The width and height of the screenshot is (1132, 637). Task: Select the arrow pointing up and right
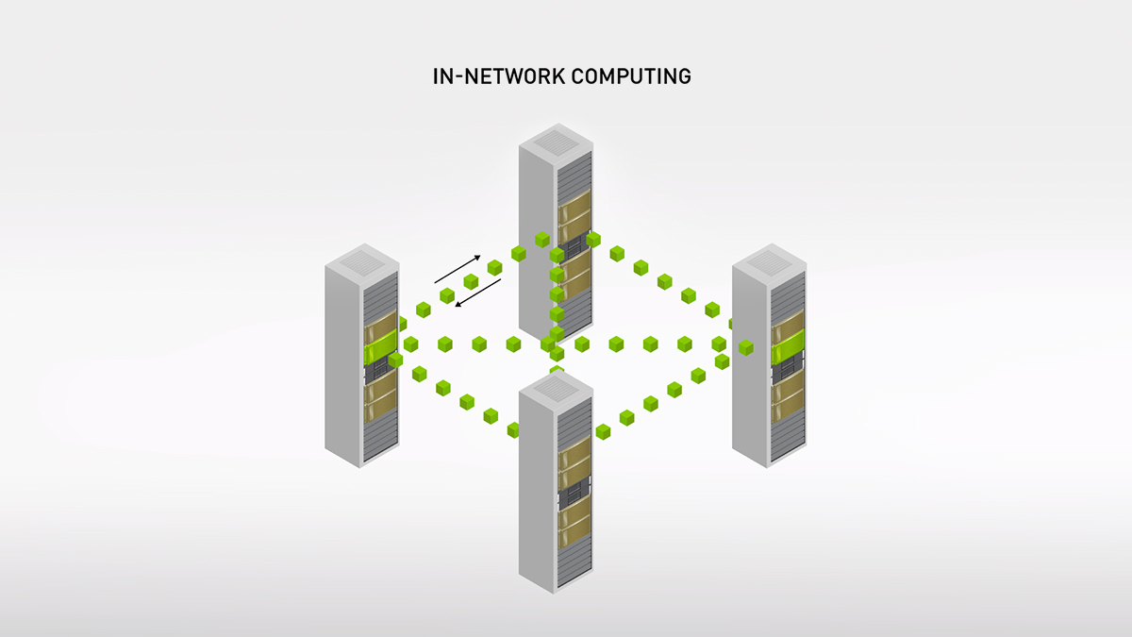pyautogui.click(x=458, y=269)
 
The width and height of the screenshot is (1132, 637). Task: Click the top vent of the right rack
pyautogui.click(x=770, y=260)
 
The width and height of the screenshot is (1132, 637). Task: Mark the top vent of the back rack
pyautogui.click(x=556, y=141)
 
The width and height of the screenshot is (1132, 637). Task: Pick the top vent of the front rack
pyautogui.click(x=556, y=387)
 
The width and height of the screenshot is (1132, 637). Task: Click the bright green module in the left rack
pyautogui.click(x=380, y=351)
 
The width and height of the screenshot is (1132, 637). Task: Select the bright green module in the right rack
pyautogui.click(x=789, y=350)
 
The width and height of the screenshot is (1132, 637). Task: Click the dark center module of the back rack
pyautogui.click(x=574, y=246)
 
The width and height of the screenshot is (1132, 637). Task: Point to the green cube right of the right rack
pyautogui.click(x=746, y=347)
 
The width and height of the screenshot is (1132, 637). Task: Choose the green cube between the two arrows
pyautogui.click(x=470, y=281)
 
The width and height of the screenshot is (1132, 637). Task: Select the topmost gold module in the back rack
pyautogui.click(x=574, y=202)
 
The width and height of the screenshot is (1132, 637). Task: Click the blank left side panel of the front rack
pyautogui.click(x=537, y=491)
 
